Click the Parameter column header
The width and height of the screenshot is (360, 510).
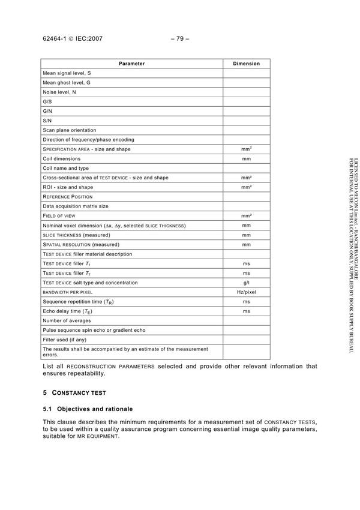pos(131,63)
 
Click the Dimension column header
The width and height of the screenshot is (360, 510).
pos(246,63)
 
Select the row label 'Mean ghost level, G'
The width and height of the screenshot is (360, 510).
pos(67,82)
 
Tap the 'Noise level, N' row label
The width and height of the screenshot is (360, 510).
pos(59,92)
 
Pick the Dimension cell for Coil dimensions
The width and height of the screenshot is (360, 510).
pos(246,158)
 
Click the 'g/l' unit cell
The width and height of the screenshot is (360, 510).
pos(246,282)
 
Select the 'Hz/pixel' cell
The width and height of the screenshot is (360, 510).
pos(246,292)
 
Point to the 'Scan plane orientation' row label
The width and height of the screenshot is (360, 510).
pos(69,130)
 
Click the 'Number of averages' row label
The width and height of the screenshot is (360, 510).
pos(67,320)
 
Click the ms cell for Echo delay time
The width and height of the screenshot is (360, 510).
pos(246,311)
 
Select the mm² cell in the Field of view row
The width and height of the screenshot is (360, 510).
pos(246,215)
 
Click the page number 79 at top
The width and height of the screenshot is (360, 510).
pos(179,39)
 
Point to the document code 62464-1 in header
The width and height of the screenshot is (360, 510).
pos(56,39)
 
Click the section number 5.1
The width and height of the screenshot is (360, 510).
pos(47,408)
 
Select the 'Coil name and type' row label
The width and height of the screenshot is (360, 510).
pos(65,168)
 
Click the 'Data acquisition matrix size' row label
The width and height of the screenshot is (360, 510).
pos(76,206)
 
